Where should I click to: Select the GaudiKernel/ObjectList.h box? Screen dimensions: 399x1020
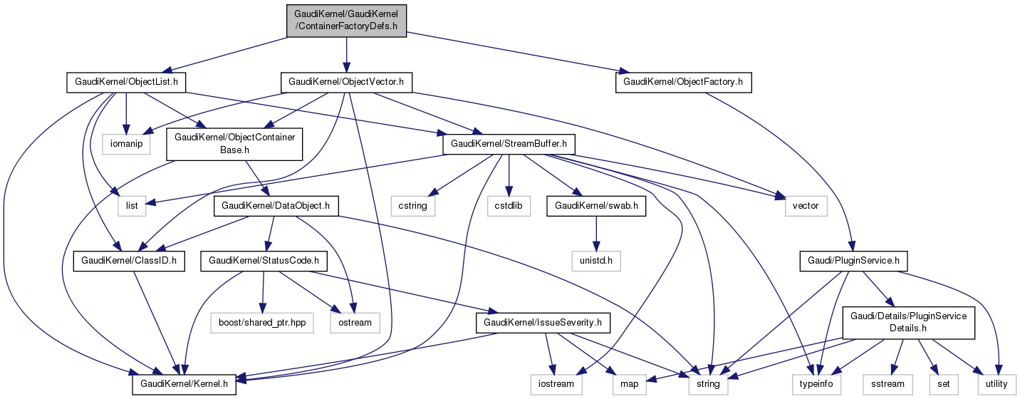click(x=126, y=82)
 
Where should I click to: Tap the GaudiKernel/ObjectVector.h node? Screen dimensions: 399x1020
click(x=346, y=82)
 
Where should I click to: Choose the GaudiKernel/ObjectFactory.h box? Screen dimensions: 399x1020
click(x=683, y=82)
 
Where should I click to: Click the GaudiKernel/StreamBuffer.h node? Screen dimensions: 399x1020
click(x=509, y=144)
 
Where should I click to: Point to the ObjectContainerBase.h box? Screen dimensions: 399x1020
click(x=235, y=144)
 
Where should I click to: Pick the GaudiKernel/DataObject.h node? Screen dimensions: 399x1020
click(x=276, y=206)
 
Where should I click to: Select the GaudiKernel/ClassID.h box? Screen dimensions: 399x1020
click(x=129, y=261)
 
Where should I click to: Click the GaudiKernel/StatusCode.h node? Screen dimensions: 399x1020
click(x=264, y=261)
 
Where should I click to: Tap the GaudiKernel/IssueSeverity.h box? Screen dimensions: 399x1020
click(x=543, y=323)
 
